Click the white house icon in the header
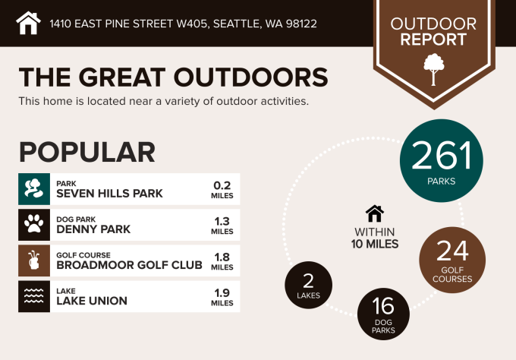point(28,23)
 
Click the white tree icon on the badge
point(434,70)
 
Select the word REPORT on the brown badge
point(433,39)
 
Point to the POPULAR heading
point(87,152)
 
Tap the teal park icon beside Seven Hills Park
point(34,189)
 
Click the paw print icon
point(34,224)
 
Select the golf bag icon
point(34,261)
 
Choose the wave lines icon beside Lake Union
point(34,295)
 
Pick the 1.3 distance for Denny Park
point(222,221)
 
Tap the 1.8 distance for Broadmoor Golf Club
point(222,257)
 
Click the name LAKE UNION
point(92,301)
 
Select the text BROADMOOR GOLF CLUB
point(129,265)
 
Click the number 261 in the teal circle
point(442,156)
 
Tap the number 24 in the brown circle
point(452,251)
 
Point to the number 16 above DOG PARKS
point(383,306)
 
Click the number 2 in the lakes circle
point(308,281)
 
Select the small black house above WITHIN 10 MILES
point(375,213)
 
